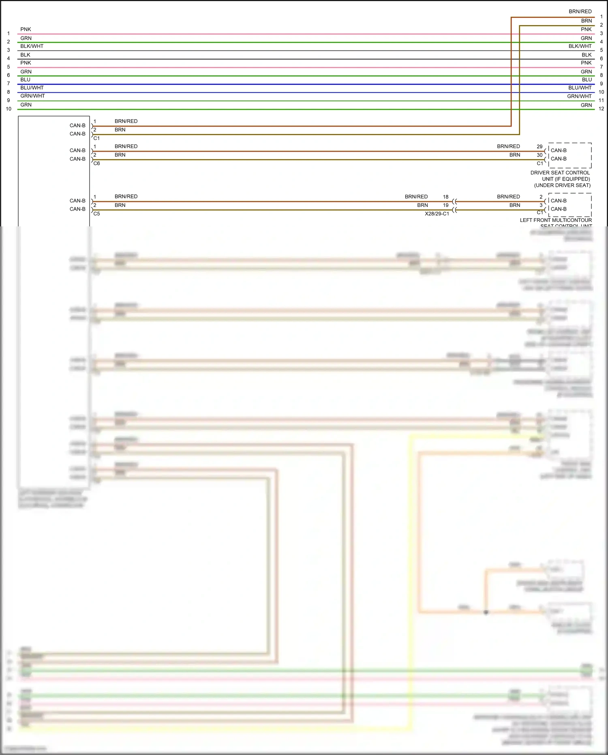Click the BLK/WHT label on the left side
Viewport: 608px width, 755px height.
point(32,46)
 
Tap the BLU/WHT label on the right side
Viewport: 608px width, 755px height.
point(580,88)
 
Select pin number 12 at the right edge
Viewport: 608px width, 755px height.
point(601,109)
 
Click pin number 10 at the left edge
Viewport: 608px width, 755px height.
point(9,109)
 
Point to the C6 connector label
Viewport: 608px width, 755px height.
point(96,163)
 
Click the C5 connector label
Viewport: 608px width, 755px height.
point(96,214)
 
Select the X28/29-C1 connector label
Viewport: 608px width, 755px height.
point(437,214)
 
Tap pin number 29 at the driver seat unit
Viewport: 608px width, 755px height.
point(539,146)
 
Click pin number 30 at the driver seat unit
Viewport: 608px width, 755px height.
point(539,155)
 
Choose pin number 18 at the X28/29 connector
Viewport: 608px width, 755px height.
point(445,197)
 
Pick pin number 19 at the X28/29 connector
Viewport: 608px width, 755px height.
point(445,205)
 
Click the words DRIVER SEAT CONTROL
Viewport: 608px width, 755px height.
point(560,173)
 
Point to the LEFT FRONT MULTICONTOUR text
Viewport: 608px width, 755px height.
point(556,220)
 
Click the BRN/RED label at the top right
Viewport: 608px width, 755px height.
point(580,11)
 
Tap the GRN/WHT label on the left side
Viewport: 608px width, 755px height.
point(32,96)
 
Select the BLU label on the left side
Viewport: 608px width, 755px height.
point(25,80)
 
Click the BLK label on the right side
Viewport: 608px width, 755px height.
point(587,55)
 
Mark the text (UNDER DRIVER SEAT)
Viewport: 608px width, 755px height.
point(562,185)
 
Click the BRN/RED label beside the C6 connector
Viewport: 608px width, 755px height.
point(126,146)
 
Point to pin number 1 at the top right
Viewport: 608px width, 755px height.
point(601,17)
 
